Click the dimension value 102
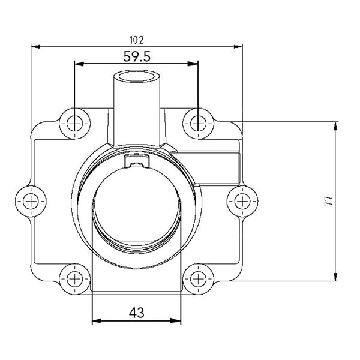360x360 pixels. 136,40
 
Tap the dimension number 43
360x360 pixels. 136,313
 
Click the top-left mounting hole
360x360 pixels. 74,123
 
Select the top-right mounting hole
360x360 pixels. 198,123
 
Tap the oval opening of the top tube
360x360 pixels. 137,77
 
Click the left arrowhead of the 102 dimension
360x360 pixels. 34,46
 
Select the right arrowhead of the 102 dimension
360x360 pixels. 239,46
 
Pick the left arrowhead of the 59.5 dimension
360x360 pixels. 77,63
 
